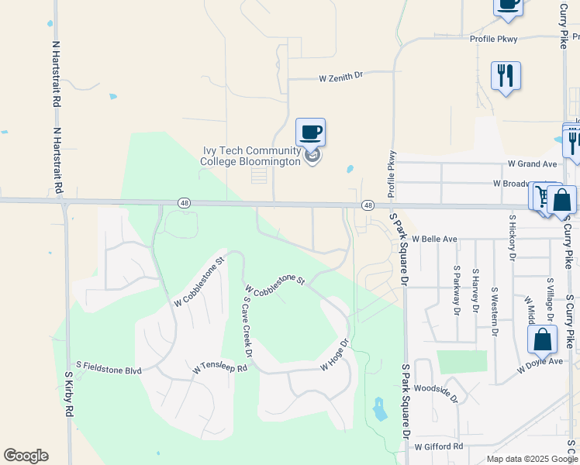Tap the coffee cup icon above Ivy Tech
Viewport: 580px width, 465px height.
point(310,132)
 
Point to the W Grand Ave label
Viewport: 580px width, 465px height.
point(533,164)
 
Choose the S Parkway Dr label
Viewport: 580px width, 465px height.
point(457,291)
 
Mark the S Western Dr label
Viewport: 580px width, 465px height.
point(494,312)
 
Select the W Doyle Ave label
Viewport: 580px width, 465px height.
point(540,361)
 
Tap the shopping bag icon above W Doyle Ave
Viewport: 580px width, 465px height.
point(542,339)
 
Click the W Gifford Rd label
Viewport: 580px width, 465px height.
point(438,447)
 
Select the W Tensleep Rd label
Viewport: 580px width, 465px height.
point(219,365)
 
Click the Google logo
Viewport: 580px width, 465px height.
point(26,456)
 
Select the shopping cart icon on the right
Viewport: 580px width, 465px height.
point(540,196)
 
